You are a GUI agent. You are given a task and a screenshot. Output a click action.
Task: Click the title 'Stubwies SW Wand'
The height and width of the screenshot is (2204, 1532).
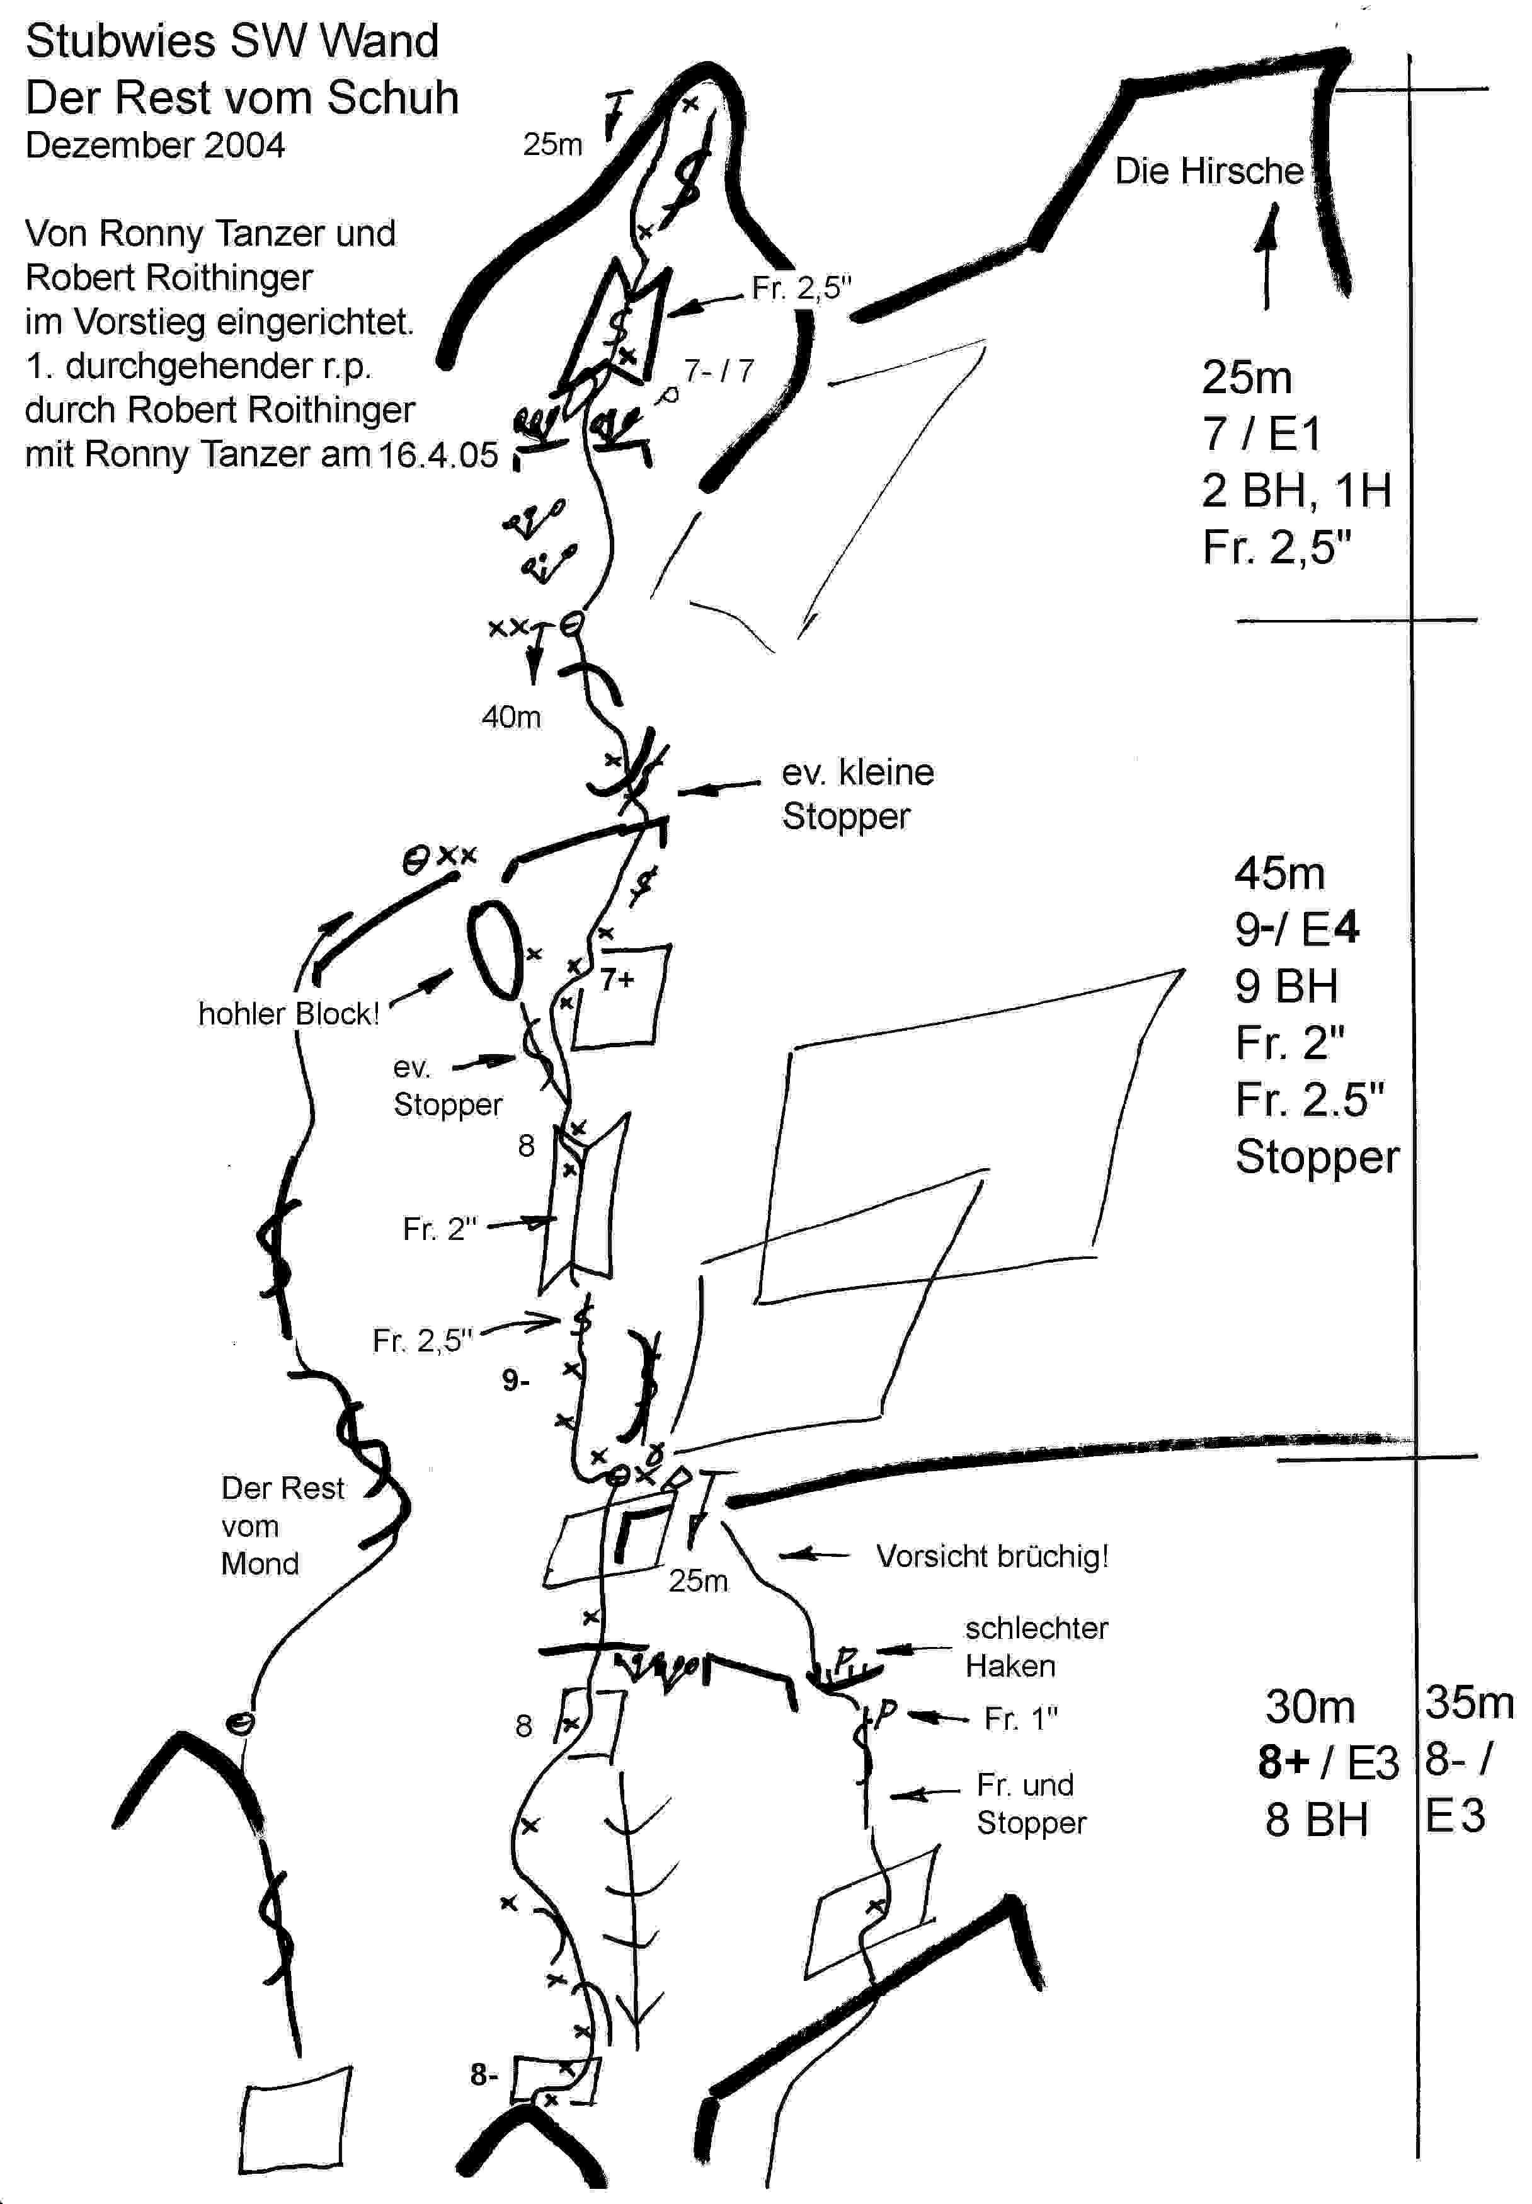(232, 42)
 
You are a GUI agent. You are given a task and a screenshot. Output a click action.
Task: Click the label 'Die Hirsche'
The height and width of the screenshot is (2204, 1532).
(1208, 171)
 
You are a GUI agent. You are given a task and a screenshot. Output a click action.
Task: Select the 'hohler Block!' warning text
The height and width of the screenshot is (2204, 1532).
(289, 1014)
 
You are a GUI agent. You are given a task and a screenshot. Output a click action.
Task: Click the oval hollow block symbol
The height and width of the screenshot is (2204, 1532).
(495, 950)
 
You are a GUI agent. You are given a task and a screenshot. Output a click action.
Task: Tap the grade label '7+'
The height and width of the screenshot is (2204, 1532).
(617, 980)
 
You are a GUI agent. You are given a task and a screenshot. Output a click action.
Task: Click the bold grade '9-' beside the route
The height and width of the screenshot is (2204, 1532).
(515, 1380)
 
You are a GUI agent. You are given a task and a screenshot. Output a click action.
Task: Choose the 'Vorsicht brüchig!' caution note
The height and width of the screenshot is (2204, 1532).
(992, 1556)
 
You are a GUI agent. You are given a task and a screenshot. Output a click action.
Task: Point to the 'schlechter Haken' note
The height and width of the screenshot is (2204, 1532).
(1036, 1646)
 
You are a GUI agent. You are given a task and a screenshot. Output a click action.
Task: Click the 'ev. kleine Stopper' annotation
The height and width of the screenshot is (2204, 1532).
(857, 794)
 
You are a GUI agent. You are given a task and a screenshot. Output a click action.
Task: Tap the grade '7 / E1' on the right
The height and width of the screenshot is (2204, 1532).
(1261, 434)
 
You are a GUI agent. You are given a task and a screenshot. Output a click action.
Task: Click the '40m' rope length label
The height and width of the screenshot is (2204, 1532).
(512, 717)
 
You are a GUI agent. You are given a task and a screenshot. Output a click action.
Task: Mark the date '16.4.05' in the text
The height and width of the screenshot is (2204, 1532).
(438, 454)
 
